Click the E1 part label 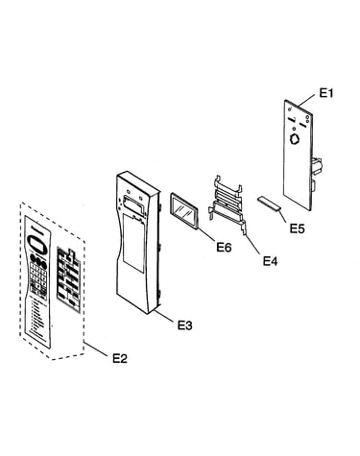(326, 93)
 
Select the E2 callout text (120, 358)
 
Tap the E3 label (185, 325)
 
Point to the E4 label (271, 261)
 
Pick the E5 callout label (298, 228)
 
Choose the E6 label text (224, 247)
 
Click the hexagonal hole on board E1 (295, 139)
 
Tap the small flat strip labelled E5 (269, 204)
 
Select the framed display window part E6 (184, 211)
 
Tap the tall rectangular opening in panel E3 (133, 243)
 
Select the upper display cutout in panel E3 (132, 204)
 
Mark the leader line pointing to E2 (95, 348)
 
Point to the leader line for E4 (253, 246)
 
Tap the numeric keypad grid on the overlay (39, 275)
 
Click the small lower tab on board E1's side (313, 185)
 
